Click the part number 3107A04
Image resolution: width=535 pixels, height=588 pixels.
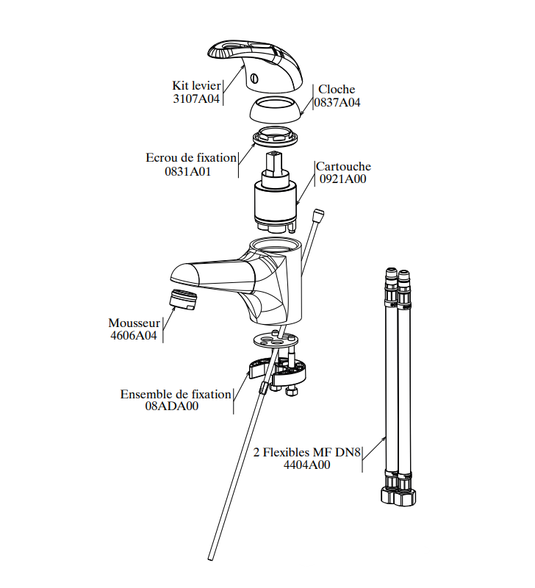(196, 98)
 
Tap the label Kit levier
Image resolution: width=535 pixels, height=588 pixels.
(196, 85)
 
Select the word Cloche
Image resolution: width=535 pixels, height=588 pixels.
(337, 89)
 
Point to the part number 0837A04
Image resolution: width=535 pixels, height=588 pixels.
(337, 102)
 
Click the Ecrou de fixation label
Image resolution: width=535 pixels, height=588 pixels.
(191, 157)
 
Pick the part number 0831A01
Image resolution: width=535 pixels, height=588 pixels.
(188, 172)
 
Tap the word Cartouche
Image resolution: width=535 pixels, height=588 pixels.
(343, 166)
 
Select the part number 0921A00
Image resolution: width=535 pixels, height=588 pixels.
(342, 179)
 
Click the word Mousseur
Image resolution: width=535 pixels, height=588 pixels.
(134, 323)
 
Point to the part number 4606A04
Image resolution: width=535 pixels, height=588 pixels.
(134, 335)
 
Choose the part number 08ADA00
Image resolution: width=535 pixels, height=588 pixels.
(172, 406)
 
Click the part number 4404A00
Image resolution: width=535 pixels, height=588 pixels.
(306, 465)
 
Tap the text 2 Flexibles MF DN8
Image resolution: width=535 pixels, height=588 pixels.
(306, 452)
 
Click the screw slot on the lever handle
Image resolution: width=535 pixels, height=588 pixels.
(255, 79)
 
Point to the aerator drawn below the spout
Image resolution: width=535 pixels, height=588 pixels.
(183, 300)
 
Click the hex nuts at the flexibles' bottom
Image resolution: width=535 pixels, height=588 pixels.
(398, 495)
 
